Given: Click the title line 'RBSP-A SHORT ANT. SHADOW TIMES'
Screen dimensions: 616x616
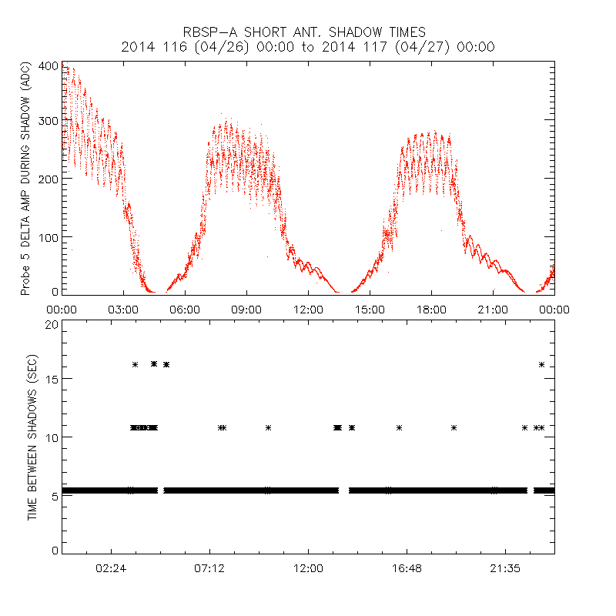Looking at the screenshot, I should tap(308, 32).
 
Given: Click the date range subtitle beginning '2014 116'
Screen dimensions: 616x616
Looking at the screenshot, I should tap(308, 48).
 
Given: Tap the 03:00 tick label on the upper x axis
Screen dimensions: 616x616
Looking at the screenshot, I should tap(123, 310).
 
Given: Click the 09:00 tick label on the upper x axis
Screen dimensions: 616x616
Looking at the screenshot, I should tap(246, 310).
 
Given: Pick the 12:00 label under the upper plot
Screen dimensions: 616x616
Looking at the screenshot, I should tap(308, 310).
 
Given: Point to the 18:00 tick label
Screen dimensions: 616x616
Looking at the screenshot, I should tap(431, 310).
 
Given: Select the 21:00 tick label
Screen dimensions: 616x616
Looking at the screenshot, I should tap(493, 310).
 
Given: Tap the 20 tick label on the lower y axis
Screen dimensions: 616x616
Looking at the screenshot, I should tap(51, 325).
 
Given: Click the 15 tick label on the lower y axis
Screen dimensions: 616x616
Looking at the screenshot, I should tap(51, 379).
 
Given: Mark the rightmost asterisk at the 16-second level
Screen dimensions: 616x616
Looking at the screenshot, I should tap(542, 364).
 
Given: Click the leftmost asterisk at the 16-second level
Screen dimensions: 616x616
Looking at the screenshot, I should tap(135, 364).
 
